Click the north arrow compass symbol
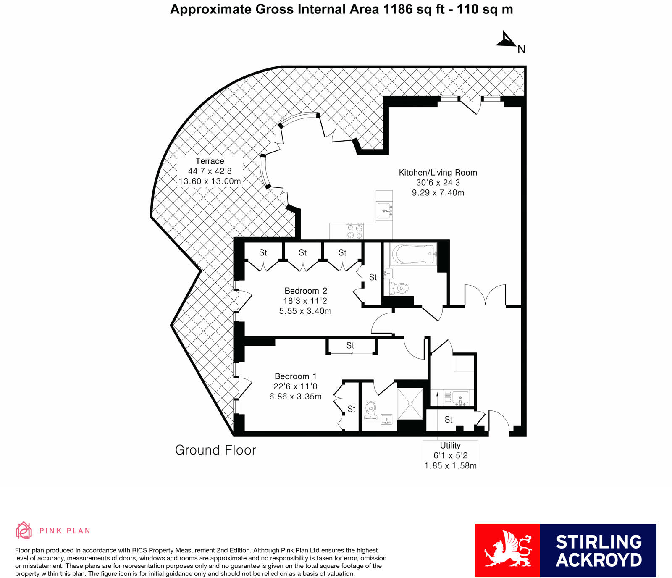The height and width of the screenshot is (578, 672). pos(507,40)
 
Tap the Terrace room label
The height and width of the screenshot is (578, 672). pos(210,161)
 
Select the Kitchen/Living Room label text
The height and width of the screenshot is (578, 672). pos(438,172)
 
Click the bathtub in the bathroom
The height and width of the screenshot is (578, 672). pos(414,254)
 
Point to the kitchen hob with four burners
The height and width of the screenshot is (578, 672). pos(354,231)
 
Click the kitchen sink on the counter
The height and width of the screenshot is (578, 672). pos(385,210)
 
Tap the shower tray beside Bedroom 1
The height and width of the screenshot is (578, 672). pos(410,404)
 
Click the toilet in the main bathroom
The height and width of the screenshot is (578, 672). pos(400,289)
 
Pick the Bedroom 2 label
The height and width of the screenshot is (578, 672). pos(306,291)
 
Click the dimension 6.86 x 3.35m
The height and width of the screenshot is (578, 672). pos(295,397)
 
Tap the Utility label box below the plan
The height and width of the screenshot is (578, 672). pos(450,455)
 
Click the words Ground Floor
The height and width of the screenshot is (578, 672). pos(215,450)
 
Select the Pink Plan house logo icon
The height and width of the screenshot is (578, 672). pos(24,530)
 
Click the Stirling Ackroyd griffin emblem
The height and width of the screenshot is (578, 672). pos(507,550)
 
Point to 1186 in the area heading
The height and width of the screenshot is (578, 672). pos(398,9)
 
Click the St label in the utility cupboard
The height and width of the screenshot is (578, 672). pos(449,419)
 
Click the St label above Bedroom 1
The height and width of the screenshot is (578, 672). pos(350,345)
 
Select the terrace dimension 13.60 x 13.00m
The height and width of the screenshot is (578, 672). pos(210,181)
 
